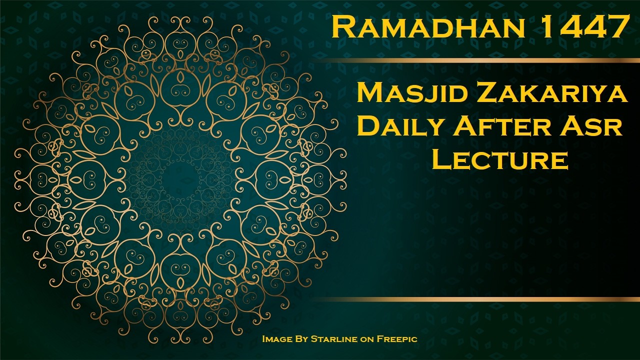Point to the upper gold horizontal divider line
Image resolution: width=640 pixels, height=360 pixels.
[475, 60]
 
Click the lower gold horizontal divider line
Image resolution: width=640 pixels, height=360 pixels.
[475, 299]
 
